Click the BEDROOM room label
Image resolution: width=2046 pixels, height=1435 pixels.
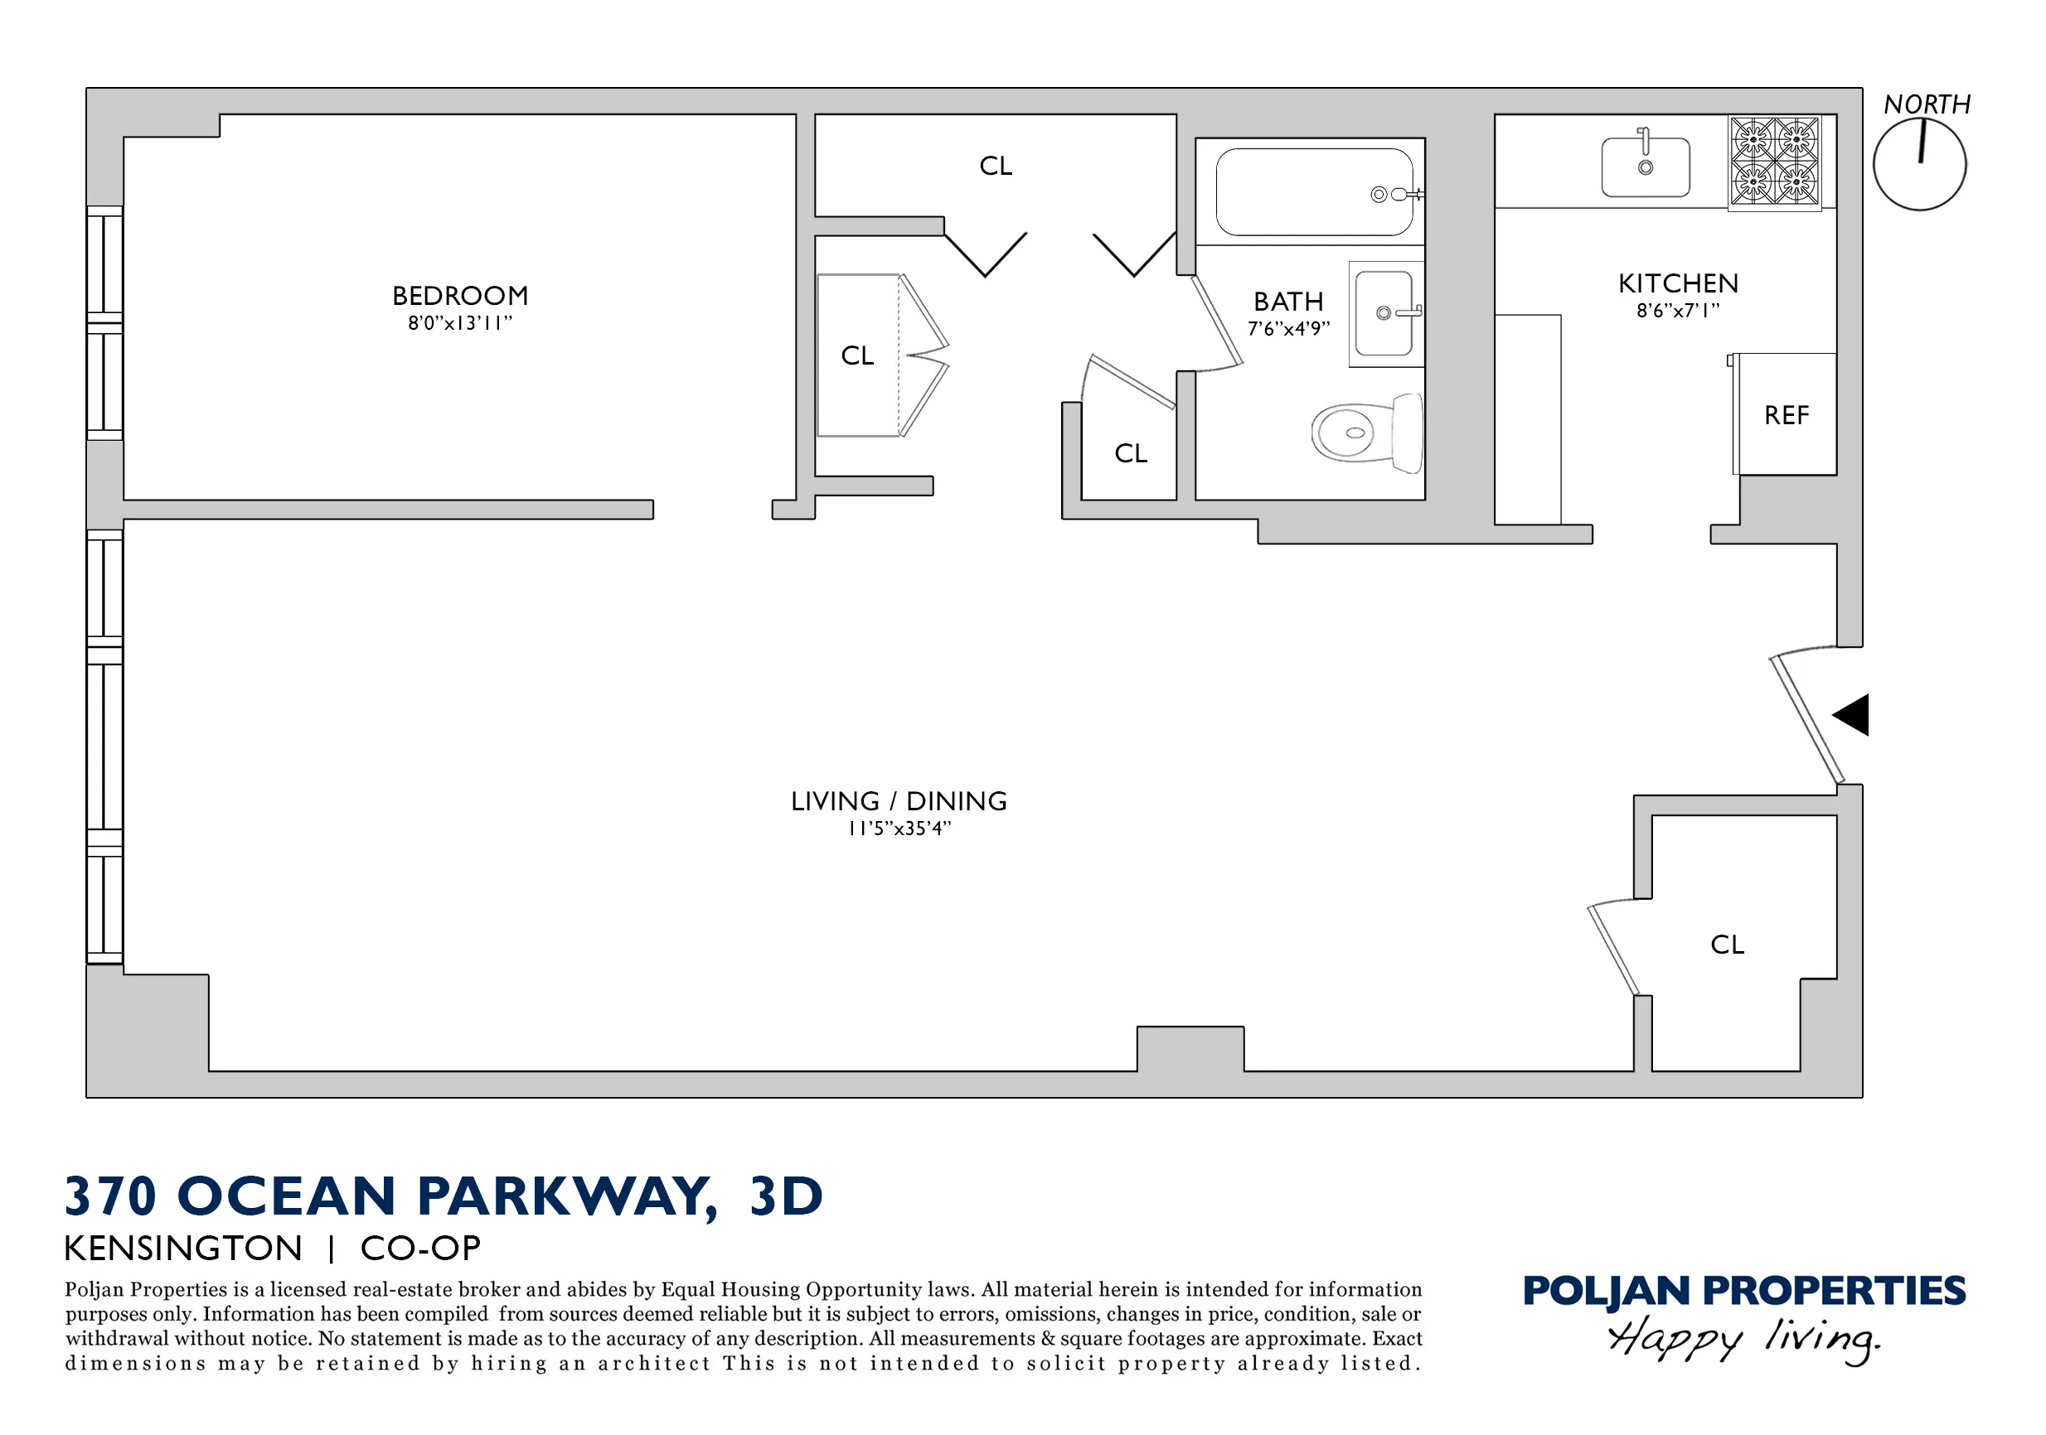tap(460, 296)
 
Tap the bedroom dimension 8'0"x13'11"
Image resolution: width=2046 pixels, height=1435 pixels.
tap(460, 323)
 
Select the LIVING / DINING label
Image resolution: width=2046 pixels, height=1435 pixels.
tap(899, 801)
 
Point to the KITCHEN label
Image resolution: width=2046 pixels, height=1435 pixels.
tap(1678, 283)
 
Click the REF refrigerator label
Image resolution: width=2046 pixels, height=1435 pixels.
tap(1786, 415)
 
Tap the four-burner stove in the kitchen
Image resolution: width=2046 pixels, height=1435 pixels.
tap(1774, 162)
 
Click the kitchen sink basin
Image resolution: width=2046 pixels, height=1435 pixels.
tap(1645, 167)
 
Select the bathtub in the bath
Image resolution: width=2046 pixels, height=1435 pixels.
tap(1313, 191)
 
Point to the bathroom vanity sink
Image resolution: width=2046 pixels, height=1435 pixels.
tap(1384, 313)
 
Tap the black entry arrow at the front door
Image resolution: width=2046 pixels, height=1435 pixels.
tap(1852, 714)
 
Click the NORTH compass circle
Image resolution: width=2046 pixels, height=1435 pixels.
tap(1918, 166)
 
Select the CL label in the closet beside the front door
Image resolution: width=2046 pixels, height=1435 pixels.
tap(1727, 945)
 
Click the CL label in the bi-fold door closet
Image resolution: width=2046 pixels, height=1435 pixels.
tap(857, 355)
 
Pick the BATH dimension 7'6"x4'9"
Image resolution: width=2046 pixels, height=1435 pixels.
tap(1287, 329)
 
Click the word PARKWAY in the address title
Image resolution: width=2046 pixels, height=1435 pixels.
tap(566, 1196)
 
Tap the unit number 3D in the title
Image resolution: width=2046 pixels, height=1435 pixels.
tap(786, 1196)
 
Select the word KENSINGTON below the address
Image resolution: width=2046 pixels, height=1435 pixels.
tap(183, 1248)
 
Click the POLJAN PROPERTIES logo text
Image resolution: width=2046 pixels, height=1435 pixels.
tap(1743, 1291)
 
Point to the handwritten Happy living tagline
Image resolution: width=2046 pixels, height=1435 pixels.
tap(1743, 1339)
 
